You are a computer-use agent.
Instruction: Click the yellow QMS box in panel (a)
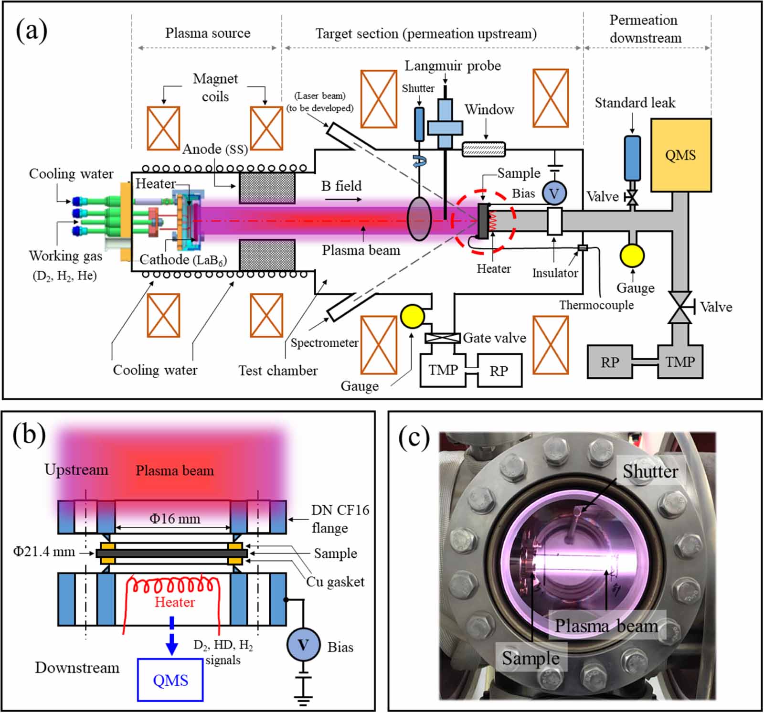coord(681,155)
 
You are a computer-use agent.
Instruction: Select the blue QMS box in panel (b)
coord(170,680)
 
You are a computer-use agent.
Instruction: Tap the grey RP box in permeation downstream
coord(610,362)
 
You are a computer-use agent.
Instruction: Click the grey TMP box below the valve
coord(680,362)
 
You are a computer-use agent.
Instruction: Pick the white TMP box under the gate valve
coord(443,370)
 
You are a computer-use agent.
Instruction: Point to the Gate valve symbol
coord(443,338)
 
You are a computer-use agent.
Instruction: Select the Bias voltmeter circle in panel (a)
coord(554,193)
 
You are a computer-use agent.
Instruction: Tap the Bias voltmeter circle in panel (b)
coord(303,645)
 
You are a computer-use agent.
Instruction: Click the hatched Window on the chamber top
coord(484,149)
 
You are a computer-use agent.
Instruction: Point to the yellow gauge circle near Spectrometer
coord(412,316)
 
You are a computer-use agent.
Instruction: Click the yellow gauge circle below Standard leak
coord(632,255)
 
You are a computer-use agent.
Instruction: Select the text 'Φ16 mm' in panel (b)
coord(175,519)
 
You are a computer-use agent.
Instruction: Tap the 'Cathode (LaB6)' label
coord(183,260)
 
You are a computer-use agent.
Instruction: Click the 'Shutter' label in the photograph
coord(650,472)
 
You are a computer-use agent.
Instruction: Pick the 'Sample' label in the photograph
coord(531,658)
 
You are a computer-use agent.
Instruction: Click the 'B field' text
coord(341,186)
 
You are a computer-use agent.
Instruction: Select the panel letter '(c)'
coord(414,437)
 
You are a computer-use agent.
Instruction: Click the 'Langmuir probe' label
coord(453,65)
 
